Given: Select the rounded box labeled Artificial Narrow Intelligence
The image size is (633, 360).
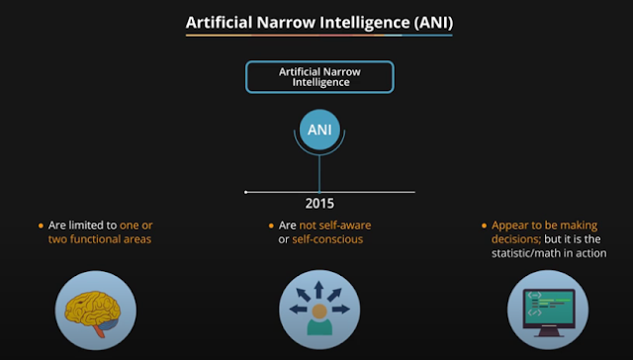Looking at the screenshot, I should (318, 76).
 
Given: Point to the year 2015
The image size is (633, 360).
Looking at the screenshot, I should (318, 205).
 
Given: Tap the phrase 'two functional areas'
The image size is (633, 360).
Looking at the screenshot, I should (100, 239).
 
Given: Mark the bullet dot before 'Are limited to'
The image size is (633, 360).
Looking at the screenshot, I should (41, 225).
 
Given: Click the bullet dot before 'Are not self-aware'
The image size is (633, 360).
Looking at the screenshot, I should (270, 225).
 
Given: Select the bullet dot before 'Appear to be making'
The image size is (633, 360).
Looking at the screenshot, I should (482, 225).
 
